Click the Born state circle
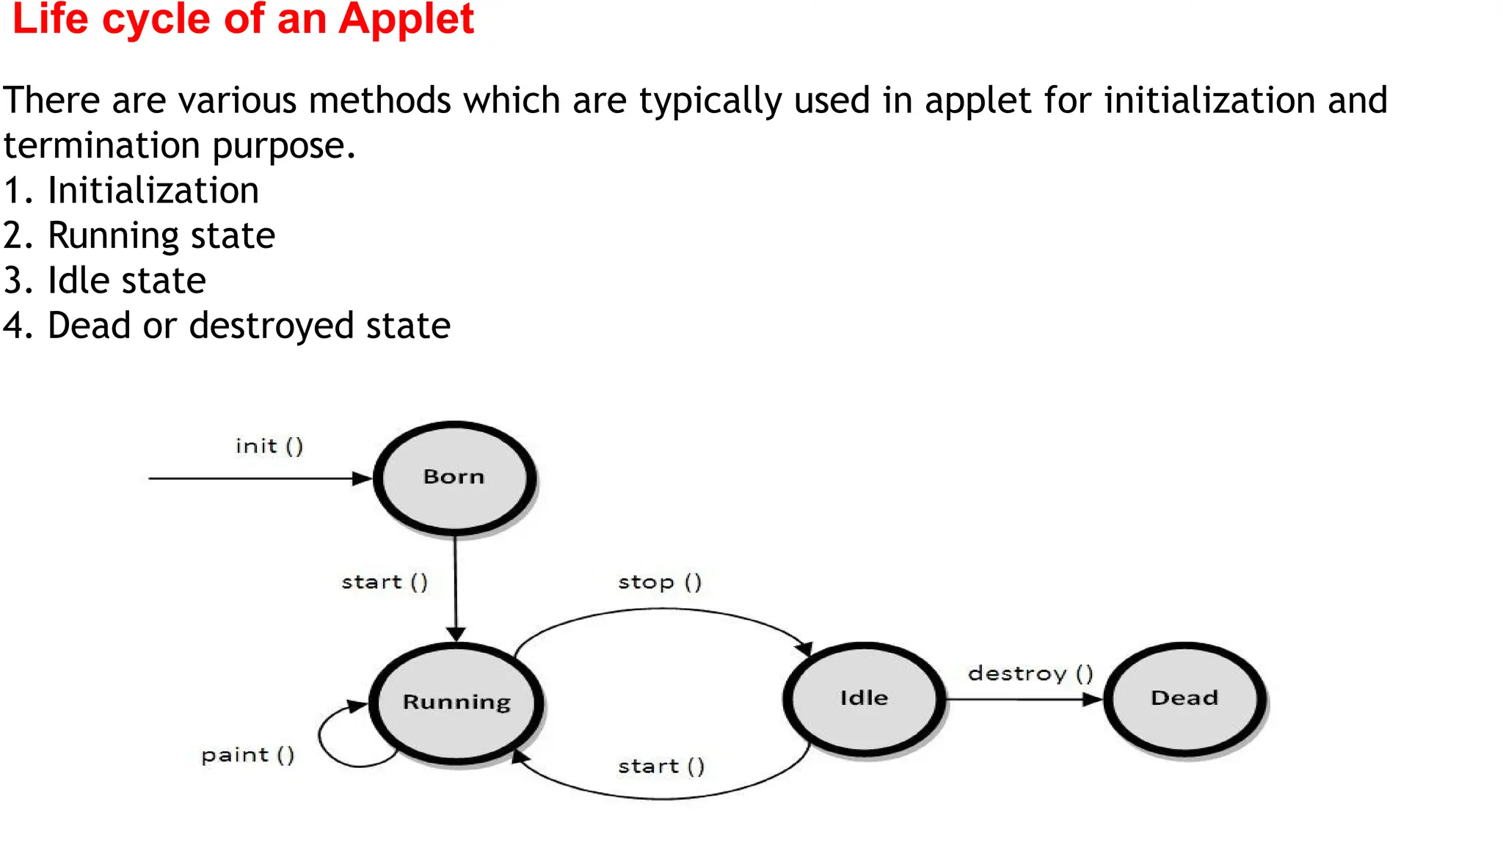pos(454,478)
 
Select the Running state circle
pos(456,703)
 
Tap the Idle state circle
pos(864,698)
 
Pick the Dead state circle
pos(1184,698)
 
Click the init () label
pos(269,446)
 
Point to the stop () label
pos(660,582)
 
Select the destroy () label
pos(1030,673)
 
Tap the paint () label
pos(247,756)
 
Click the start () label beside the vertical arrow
pos(385,582)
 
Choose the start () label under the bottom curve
pos(661,767)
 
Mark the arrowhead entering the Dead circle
pos(1093,699)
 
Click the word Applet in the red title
pos(406,19)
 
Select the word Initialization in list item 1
pos(153,191)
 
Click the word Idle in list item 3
pos(78,281)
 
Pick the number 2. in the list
pos(18,236)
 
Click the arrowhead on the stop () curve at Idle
pos(805,648)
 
